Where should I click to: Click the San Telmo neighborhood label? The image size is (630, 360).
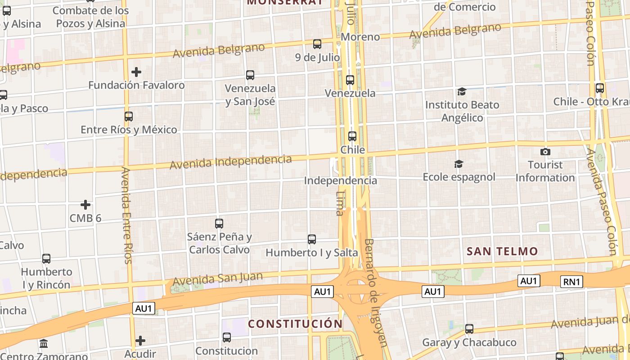coord(502,252)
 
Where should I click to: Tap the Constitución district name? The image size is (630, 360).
coord(295,324)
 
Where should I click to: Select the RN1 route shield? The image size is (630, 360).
coord(572,282)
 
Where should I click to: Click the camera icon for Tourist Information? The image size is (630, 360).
coord(545,152)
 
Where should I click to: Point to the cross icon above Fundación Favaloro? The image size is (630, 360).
coord(136,72)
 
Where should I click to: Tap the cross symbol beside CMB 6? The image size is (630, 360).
coord(85,205)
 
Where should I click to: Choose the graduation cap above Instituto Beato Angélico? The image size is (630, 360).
coord(462,92)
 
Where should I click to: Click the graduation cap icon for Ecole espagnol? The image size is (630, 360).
coord(459,164)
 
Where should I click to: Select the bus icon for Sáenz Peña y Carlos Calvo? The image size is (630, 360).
coord(219,223)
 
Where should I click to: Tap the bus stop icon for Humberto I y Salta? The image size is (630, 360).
coord(312,239)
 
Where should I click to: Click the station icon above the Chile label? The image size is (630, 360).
coord(352,136)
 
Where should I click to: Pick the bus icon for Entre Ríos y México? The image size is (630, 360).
coord(129,117)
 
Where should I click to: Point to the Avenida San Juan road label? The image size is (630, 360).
coord(218,279)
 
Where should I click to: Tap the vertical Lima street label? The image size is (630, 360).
coord(340,203)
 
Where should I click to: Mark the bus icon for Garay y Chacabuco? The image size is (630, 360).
coord(469,329)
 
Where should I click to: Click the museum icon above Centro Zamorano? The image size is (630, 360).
coord(44,344)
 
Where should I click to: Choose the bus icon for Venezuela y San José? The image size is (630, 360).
coord(250,75)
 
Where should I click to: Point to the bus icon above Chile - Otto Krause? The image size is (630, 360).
coord(599,88)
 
